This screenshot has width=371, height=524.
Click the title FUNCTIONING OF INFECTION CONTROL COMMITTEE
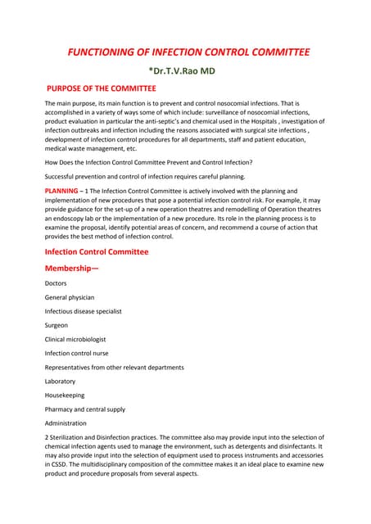point(188,52)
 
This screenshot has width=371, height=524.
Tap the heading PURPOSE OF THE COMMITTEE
point(102,88)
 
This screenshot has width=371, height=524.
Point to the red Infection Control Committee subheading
point(97,251)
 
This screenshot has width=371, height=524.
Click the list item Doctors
point(57,283)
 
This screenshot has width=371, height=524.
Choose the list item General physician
point(70,297)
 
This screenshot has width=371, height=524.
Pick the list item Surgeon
point(57,325)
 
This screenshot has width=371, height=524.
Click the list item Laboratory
point(60,381)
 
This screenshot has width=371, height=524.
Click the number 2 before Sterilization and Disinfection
point(47,437)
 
